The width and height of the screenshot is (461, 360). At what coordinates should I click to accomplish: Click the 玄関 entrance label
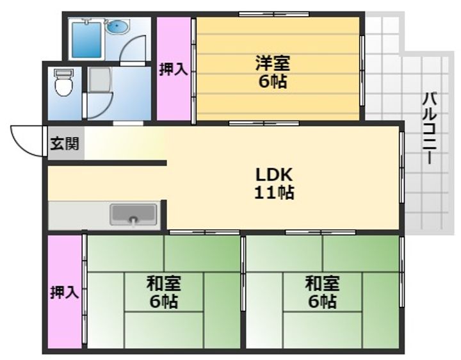click(x=65, y=144)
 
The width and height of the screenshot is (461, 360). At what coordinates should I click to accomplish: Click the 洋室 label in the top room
click(x=273, y=63)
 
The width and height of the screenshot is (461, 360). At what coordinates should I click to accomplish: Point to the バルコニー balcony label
click(x=430, y=128)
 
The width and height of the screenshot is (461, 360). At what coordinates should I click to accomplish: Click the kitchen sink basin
click(x=134, y=215)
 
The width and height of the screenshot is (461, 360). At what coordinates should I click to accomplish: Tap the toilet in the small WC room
click(x=64, y=83)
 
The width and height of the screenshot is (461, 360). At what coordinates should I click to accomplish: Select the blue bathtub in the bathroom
click(x=86, y=40)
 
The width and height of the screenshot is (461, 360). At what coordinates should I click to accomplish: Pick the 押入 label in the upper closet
click(x=174, y=69)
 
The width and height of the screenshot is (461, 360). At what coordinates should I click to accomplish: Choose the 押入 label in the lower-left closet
click(x=65, y=293)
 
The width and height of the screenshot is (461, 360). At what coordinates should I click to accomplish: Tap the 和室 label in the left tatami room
click(x=163, y=282)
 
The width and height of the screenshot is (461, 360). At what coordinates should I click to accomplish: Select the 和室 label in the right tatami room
click(x=321, y=282)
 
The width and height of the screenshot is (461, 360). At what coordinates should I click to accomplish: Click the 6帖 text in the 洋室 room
click(x=273, y=82)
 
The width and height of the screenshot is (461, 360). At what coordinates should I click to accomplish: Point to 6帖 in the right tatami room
click(x=321, y=301)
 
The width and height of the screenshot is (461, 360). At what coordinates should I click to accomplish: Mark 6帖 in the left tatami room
click(x=163, y=301)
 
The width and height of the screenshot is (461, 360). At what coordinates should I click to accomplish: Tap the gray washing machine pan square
click(x=100, y=80)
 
